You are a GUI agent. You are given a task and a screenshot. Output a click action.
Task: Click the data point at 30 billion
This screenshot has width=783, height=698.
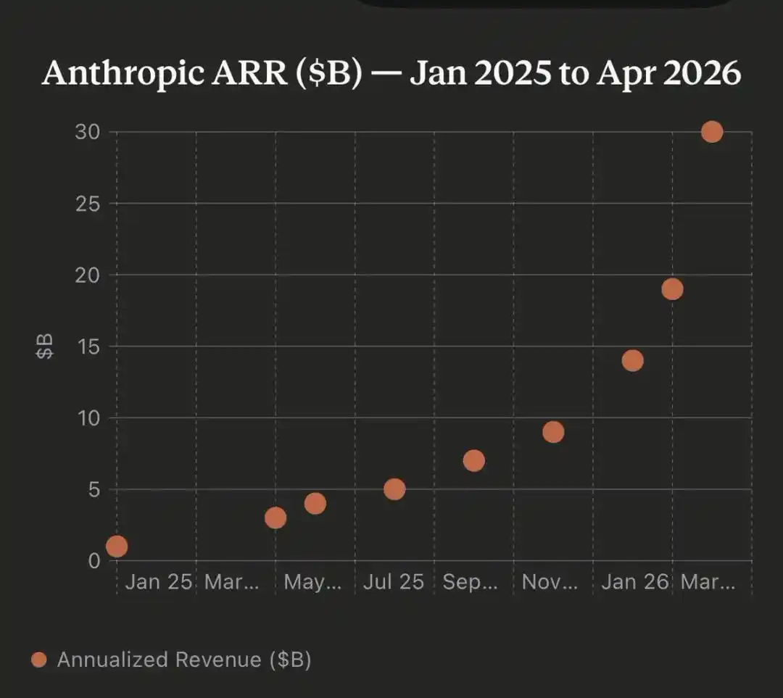pyautogui.click(x=712, y=132)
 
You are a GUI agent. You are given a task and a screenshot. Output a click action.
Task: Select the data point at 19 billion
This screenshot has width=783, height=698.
pyautogui.click(x=672, y=289)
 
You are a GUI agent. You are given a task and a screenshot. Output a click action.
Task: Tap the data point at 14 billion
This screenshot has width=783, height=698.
pyautogui.click(x=632, y=360)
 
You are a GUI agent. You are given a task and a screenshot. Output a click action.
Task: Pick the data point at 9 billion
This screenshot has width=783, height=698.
pyautogui.click(x=553, y=432)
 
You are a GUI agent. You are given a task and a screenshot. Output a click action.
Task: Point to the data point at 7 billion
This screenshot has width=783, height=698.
pyautogui.click(x=473, y=460)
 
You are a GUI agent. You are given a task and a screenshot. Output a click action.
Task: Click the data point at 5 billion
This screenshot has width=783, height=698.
pyautogui.click(x=394, y=489)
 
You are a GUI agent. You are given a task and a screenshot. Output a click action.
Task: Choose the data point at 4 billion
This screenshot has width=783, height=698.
pyautogui.click(x=315, y=503)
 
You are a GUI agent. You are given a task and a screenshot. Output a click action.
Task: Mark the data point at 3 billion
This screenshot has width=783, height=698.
pyautogui.click(x=275, y=518)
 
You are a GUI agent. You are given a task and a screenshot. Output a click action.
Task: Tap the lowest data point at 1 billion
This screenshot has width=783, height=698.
pyautogui.click(x=117, y=546)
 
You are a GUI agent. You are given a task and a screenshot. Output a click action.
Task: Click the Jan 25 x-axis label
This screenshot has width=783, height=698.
pyautogui.click(x=159, y=582)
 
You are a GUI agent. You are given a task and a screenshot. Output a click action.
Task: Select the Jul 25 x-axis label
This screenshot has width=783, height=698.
pyautogui.click(x=394, y=582)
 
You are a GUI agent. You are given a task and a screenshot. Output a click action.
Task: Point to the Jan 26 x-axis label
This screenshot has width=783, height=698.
pyautogui.click(x=634, y=582)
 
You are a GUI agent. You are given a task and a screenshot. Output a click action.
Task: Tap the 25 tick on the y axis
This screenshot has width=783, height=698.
pyautogui.click(x=88, y=204)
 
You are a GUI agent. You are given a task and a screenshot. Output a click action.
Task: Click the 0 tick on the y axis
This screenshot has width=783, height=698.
pyautogui.click(x=94, y=561)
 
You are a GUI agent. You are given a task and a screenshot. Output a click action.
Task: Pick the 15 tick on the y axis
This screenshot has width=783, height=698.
pyautogui.click(x=88, y=346)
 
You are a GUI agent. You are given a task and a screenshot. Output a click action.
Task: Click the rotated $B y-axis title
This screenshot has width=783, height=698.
pyautogui.click(x=45, y=346)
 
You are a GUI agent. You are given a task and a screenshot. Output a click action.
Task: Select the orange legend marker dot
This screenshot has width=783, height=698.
pyautogui.click(x=39, y=660)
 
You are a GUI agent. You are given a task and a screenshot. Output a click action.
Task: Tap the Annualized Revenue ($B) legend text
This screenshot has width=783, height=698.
pyautogui.click(x=184, y=660)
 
